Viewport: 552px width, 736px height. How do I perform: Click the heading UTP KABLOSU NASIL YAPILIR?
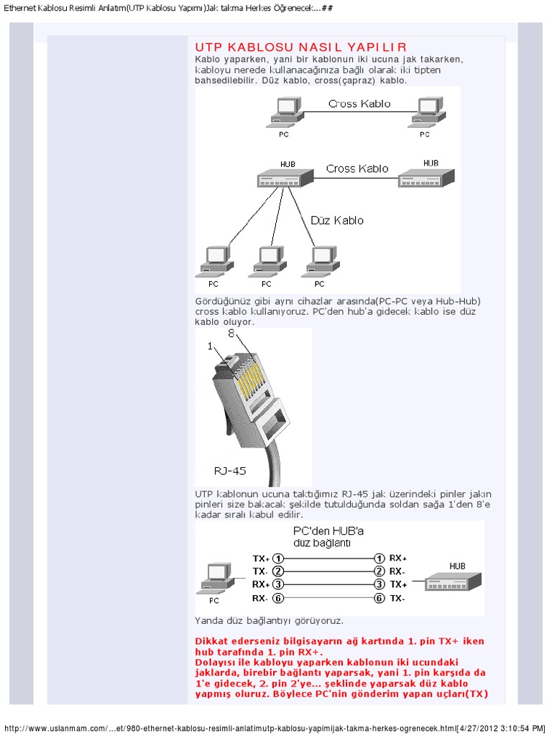click(301, 47)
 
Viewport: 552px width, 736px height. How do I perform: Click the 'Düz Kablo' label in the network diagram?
click(337, 221)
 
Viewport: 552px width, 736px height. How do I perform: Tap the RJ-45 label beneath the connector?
click(230, 471)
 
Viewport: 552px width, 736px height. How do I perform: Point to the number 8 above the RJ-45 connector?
click(231, 334)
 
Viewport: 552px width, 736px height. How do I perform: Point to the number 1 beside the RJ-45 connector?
click(211, 346)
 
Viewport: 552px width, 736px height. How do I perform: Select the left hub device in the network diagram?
click(285, 178)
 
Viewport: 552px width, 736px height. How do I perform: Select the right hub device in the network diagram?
click(427, 178)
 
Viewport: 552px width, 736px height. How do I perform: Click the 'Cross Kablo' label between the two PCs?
click(359, 103)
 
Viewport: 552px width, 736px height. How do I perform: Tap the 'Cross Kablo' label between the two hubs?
click(357, 168)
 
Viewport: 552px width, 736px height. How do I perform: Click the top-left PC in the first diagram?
click(285, 111)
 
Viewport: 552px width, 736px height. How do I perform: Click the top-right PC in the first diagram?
click(425, 111)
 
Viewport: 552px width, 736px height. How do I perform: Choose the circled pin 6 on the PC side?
click(278, 598)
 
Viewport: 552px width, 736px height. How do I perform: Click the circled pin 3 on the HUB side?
click(379, 584)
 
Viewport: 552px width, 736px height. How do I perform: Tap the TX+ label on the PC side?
click(261, 558)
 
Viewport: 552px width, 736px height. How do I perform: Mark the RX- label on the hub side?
click(397, 571)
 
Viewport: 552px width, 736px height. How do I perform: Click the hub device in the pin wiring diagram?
click(452, 581)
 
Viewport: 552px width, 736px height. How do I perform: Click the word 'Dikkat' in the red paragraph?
click(212, 640)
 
